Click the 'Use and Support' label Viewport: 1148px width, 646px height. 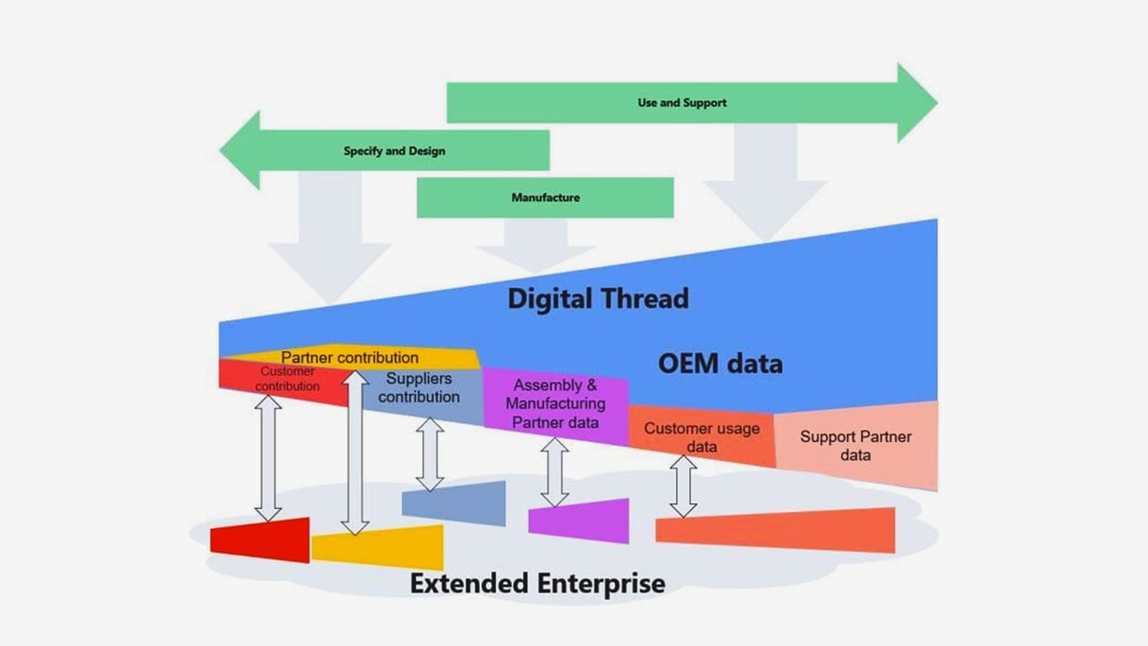coord(682,103)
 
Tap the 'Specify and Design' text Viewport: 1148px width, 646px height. coord(394,151)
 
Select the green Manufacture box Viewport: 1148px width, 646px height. coord(545,197)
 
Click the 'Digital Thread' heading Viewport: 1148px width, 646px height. coord(598,299)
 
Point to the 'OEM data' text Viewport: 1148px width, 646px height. coord(720,363)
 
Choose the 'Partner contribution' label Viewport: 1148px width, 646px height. coord(349,357)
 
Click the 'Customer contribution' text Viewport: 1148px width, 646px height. coord(287,378)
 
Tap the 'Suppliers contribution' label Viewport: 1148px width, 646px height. coord(419,388)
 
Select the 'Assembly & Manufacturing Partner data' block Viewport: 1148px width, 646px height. coord(556,405)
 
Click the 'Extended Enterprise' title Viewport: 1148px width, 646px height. coord(537,584)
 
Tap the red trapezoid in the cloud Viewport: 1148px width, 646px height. coord(260,540)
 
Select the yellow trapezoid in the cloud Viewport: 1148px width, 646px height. coord(377,547)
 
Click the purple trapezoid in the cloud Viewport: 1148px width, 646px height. coord(578,520)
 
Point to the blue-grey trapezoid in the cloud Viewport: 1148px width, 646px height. coord(453,503)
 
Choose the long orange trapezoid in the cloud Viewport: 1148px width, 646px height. coord(776,530)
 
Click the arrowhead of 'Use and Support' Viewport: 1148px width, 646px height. coord(918,103)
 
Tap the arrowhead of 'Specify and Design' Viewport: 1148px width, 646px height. coord(240,150)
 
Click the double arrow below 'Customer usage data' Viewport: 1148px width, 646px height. coord(683,487)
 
